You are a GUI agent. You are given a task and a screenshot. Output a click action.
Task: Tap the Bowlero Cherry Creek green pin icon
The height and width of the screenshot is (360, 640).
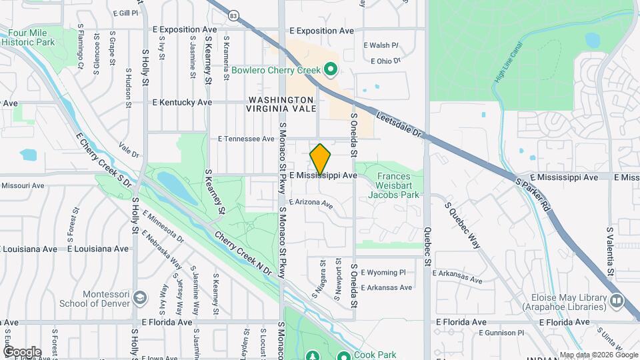(x=329, y=69)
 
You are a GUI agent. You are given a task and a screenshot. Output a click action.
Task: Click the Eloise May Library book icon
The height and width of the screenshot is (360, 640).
(x=616, y=301)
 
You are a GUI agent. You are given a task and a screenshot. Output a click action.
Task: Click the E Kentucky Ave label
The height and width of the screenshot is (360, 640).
(x=182, y=103)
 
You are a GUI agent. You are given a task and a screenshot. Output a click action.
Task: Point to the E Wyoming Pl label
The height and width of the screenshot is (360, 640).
(x=383, y=272)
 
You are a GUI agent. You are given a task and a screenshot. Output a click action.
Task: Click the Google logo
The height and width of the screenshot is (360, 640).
(x=22, y=352)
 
